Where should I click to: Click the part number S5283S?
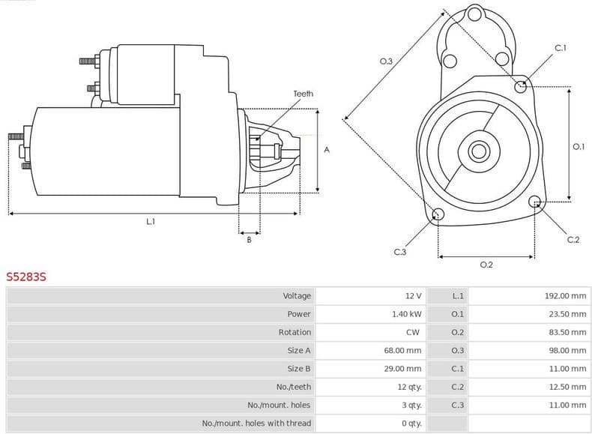click(26, 277)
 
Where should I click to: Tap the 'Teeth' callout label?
click(303, 94)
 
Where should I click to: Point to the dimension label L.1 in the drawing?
click(151, 221)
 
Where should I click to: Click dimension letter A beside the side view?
click(327, 150)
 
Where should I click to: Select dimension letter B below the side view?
click(249, 239)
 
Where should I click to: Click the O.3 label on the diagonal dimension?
click(387, 61)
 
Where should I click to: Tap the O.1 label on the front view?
click(579, 147)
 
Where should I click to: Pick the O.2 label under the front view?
click(486, 265)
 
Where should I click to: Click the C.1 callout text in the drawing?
click(561, 49)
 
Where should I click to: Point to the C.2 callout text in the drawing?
click(573, 239)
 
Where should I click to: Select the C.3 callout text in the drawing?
click(399, 252)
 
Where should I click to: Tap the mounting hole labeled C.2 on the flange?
click(535, 202)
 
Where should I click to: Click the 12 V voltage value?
click(413, 296)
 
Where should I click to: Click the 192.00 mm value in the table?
click(565, 296)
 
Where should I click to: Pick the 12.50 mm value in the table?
click(567, 387)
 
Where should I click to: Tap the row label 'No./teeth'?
click(293, 387)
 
